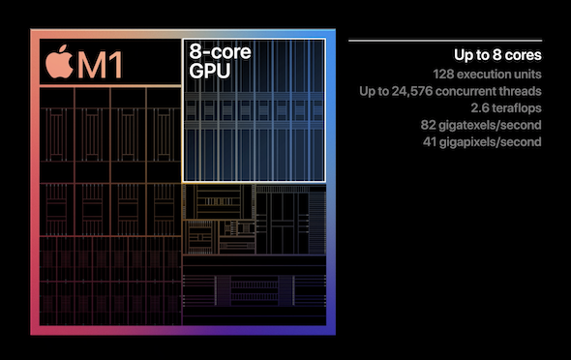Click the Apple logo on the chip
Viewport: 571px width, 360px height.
click(59, 62)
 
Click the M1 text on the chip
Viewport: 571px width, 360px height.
click(100, 65)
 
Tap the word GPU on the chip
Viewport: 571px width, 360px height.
click(209, 71)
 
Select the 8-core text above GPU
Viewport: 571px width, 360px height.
click(220, 51)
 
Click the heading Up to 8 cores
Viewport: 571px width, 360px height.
click(497, 55)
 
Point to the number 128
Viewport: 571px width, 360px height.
click(443, 75)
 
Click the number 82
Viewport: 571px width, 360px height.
click(428, 125)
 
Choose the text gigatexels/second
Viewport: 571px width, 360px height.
click(490, 126)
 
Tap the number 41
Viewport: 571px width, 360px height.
click(430, 142)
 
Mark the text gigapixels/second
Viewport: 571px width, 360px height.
click(490, 142)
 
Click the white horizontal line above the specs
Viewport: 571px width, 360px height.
click(445, 41)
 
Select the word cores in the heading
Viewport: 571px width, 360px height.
click(524, 55)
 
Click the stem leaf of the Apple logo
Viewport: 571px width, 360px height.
click(63, 48)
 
